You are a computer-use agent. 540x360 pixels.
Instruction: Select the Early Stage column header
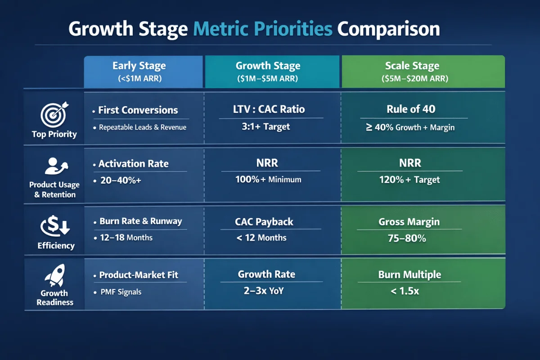(139, 66)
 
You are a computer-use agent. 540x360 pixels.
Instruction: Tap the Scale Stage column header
(412, 66)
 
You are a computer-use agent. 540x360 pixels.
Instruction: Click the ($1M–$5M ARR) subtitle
(268, 78)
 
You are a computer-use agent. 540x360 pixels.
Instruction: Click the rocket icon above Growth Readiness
(54, 275)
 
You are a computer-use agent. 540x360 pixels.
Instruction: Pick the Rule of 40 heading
(411, 109)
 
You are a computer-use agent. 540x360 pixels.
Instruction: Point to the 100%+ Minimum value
(268, 180)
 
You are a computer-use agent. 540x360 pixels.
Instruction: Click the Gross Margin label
(409, 221)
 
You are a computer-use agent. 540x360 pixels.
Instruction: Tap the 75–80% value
(407, 238)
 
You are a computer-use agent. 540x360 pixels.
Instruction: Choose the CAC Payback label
(264, 221)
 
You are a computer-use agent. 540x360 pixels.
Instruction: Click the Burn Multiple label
(409, 274)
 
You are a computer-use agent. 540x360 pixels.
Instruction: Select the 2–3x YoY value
(263, 291)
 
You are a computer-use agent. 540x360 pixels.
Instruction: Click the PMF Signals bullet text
(120, 292)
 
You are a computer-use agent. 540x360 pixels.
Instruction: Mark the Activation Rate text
(133, 164)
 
